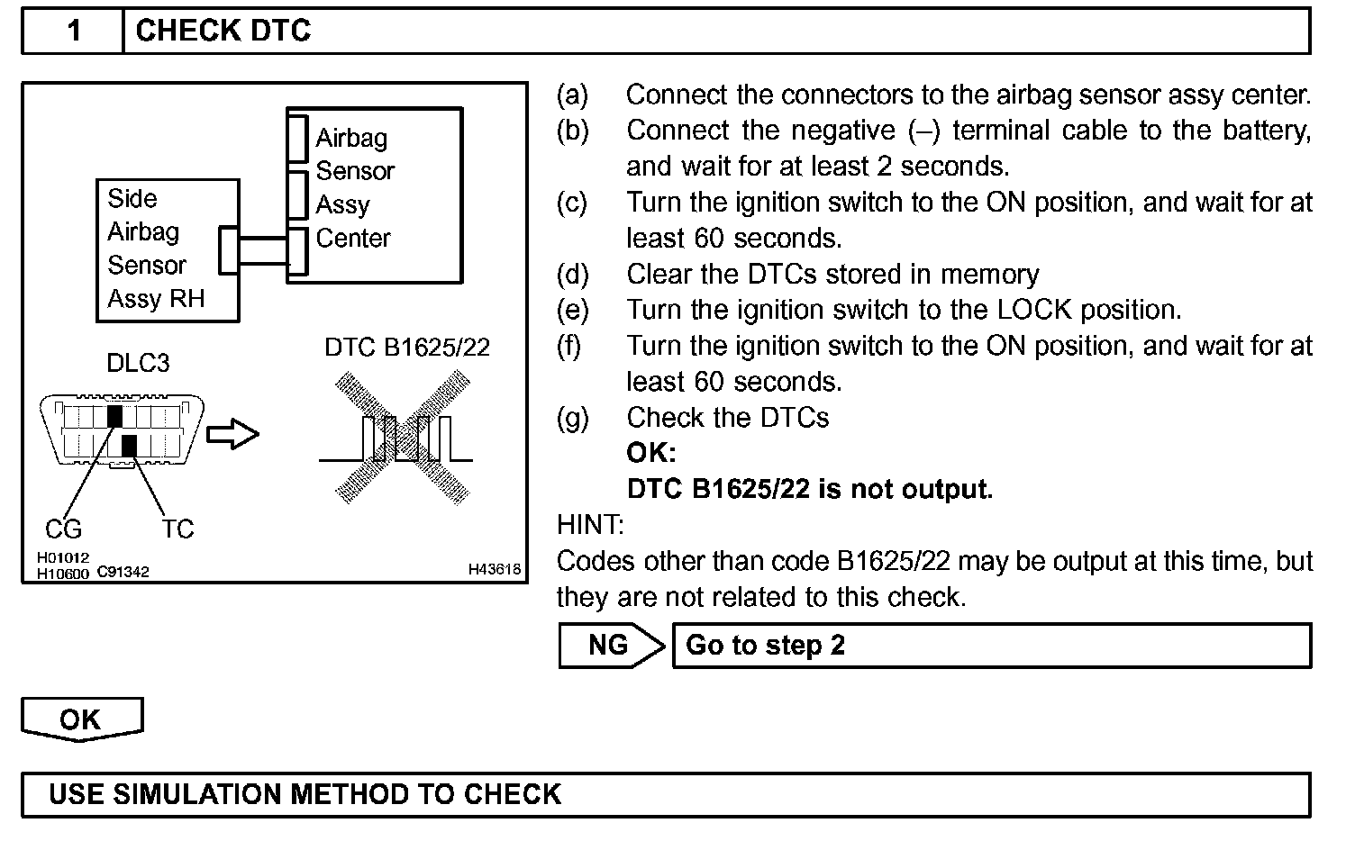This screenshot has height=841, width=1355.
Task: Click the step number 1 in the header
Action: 74,32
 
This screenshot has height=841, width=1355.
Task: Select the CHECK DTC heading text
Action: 223,32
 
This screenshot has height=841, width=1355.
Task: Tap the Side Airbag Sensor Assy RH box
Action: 167,249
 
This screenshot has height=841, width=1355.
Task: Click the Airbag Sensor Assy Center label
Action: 353,187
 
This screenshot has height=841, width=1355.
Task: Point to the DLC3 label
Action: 137,363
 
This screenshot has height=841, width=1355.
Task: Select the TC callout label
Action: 177,529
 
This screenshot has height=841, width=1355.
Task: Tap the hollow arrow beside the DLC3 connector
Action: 232,435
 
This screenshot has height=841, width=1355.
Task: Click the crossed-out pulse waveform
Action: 404,439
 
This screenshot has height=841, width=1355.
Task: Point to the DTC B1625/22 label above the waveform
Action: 407,348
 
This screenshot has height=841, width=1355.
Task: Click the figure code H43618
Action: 494,569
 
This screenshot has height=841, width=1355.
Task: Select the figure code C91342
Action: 123,572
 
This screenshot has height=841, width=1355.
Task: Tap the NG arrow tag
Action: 610,645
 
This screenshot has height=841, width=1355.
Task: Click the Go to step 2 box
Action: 991,645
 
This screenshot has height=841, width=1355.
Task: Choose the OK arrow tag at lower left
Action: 81,719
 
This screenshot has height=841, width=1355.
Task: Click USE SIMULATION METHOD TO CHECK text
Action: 305,794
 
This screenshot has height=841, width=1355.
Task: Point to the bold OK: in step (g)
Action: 650,453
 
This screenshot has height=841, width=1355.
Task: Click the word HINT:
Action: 590,525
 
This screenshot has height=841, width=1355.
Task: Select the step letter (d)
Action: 572,274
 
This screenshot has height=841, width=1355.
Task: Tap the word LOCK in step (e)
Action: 1034,310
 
